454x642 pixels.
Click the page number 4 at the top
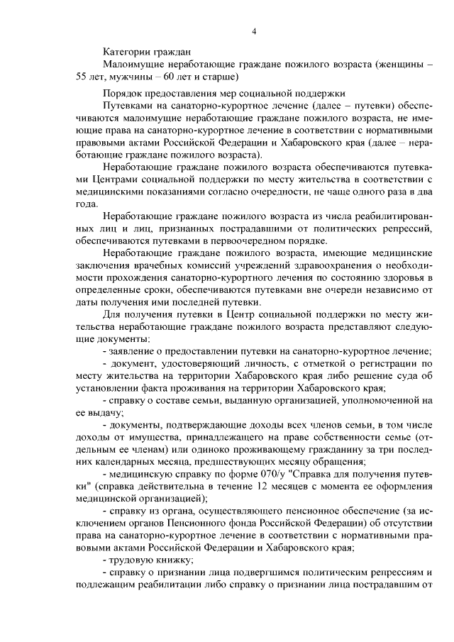253,31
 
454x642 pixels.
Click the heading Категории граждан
147,52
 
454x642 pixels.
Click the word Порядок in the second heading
123,92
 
